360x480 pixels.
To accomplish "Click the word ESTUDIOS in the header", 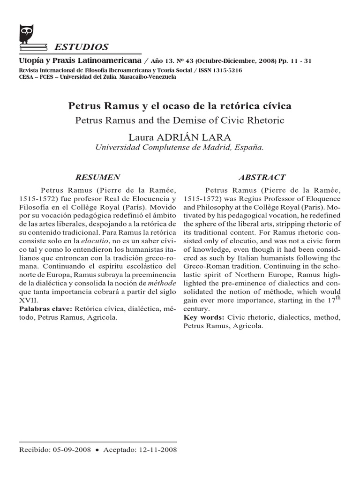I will click(x=82, y=47).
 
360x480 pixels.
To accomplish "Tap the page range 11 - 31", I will click(x=301, y=61).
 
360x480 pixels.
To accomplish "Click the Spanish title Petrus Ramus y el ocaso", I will click(x=180, y=105).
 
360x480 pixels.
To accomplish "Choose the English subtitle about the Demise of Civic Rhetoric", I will click(x=180, y=120).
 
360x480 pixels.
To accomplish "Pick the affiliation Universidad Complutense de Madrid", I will click(x=180, y=147).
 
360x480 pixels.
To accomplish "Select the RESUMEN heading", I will click(x=97, y=177).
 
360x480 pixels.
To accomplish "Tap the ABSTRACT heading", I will click(x=262, y=177).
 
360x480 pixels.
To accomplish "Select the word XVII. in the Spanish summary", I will click(x=28, y=301).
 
